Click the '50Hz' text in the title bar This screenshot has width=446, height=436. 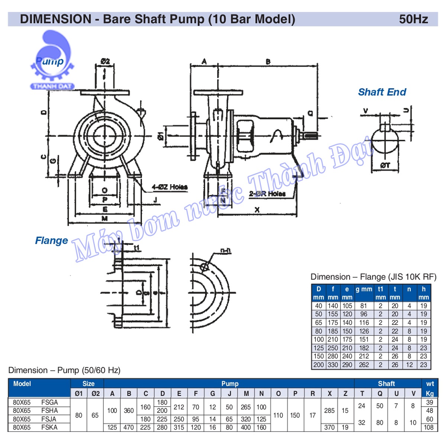click(413, 19)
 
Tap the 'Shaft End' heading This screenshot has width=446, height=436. click(382, 92)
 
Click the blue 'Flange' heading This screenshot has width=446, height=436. click(51, 241)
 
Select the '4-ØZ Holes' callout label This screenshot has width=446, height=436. click(169, 187)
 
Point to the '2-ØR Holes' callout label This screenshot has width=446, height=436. click(267, 194)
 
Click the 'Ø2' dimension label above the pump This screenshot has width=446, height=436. click(105, 61)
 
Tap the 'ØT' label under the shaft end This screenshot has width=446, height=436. click(385, 166)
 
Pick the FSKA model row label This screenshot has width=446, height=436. click(49, 427)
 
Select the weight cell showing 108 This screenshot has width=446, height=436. click(429, 427)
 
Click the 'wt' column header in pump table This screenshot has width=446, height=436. click(430, 384)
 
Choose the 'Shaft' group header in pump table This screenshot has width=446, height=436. click(387, 384)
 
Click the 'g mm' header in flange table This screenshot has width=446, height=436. click(363, 289)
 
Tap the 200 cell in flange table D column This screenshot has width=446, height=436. click(319, 365)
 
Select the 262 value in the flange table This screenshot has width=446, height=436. click(364, 365)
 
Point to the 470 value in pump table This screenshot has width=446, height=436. click(129, 427)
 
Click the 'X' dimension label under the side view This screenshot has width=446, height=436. click(257, 210)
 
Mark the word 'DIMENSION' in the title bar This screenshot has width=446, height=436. click(55, 19)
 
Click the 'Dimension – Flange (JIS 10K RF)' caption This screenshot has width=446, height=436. click(373, 277)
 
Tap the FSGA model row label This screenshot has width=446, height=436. click(49, 402)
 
